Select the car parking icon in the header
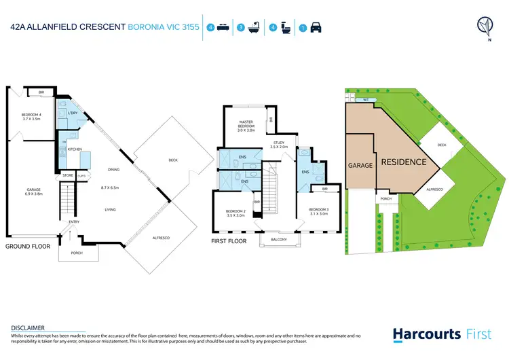(316, 28)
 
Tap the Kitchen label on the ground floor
(74, 148)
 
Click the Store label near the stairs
(67, 175)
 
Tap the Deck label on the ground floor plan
(173, 160)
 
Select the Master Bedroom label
(246, 126)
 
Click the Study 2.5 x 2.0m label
(279, 145)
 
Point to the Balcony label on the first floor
(279, 239)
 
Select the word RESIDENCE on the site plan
(403, 162)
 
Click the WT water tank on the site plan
(366, 100)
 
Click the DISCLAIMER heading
(29, 327)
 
